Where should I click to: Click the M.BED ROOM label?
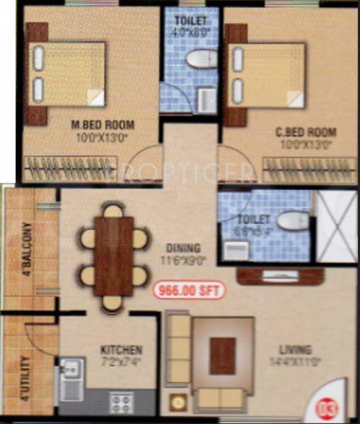coord(103,126)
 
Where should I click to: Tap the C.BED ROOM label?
coord(306,132)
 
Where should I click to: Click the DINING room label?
coord(183,248)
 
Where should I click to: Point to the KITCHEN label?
coord(122,350)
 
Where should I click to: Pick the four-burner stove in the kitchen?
coord(120,404)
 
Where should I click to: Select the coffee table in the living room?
coord(222,355)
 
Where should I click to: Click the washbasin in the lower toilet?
coord(236,249)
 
